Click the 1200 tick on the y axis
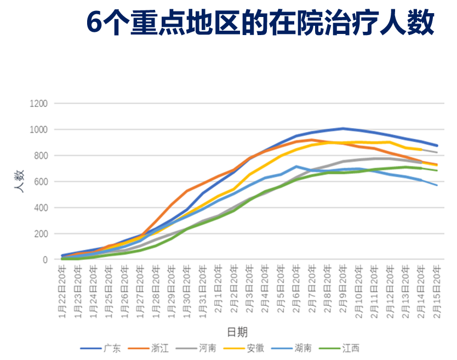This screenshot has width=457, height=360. (39, 104)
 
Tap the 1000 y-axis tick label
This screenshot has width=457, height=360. (39, 130)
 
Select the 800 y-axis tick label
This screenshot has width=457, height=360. (41, 156)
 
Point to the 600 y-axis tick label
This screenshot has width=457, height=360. (41, 182)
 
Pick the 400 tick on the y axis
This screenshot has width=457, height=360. (41, 208)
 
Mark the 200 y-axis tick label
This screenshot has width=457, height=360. (41, 234)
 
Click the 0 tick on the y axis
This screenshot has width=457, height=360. (45, 260)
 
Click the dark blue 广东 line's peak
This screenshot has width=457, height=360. (343, 129)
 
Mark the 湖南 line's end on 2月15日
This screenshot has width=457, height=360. (437, 185)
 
